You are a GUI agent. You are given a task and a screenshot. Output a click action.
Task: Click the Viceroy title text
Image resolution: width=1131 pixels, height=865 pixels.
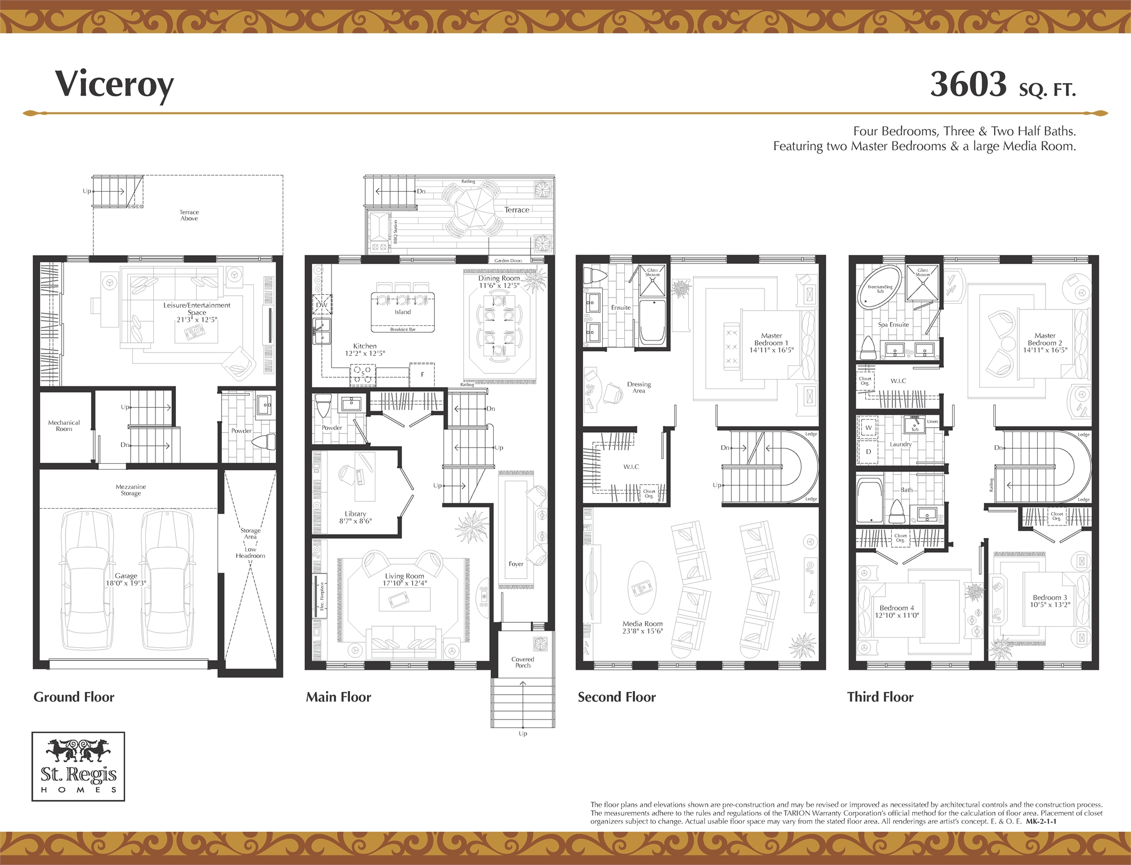tap(114, 85)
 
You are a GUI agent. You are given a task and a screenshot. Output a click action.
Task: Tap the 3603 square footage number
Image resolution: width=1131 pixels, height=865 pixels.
tap(968, 84)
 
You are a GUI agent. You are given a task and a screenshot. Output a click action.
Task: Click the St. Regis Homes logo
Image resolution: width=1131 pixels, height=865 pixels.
tap(78, 767)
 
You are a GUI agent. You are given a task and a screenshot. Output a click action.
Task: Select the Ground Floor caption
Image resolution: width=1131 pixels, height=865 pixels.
tap(74, 697)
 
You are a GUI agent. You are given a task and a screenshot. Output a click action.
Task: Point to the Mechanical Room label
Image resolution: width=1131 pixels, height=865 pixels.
tap(64, 425)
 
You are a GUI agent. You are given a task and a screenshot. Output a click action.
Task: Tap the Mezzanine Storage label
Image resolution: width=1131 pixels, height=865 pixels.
tap(131, 490)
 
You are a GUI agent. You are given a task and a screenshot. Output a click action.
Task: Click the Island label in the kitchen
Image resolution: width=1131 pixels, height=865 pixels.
tap(403, 312)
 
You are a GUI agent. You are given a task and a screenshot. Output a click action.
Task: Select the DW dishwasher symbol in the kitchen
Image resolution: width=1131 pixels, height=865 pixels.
tap(322, 304)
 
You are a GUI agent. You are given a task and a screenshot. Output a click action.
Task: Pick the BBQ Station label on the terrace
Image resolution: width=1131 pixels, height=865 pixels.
tap(396, 232)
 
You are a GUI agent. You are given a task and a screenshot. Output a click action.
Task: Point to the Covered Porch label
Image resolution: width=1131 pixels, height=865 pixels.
tap(523, 662)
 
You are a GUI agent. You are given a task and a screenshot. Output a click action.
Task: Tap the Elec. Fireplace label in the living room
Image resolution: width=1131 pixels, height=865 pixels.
tap(322, 596)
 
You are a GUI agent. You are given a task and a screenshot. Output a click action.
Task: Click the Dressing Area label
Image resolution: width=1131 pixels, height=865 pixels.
tap(638, 388)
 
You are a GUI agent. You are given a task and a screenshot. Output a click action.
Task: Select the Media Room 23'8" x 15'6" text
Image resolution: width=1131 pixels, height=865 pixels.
tap(642, 627)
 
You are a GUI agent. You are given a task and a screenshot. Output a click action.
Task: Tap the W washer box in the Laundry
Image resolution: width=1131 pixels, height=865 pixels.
tap(869, 428)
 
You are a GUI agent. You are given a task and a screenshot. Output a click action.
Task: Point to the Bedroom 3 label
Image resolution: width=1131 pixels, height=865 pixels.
tap(1050, 601)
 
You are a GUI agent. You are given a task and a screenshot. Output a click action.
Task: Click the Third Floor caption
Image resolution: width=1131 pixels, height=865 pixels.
tap(880, 697)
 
